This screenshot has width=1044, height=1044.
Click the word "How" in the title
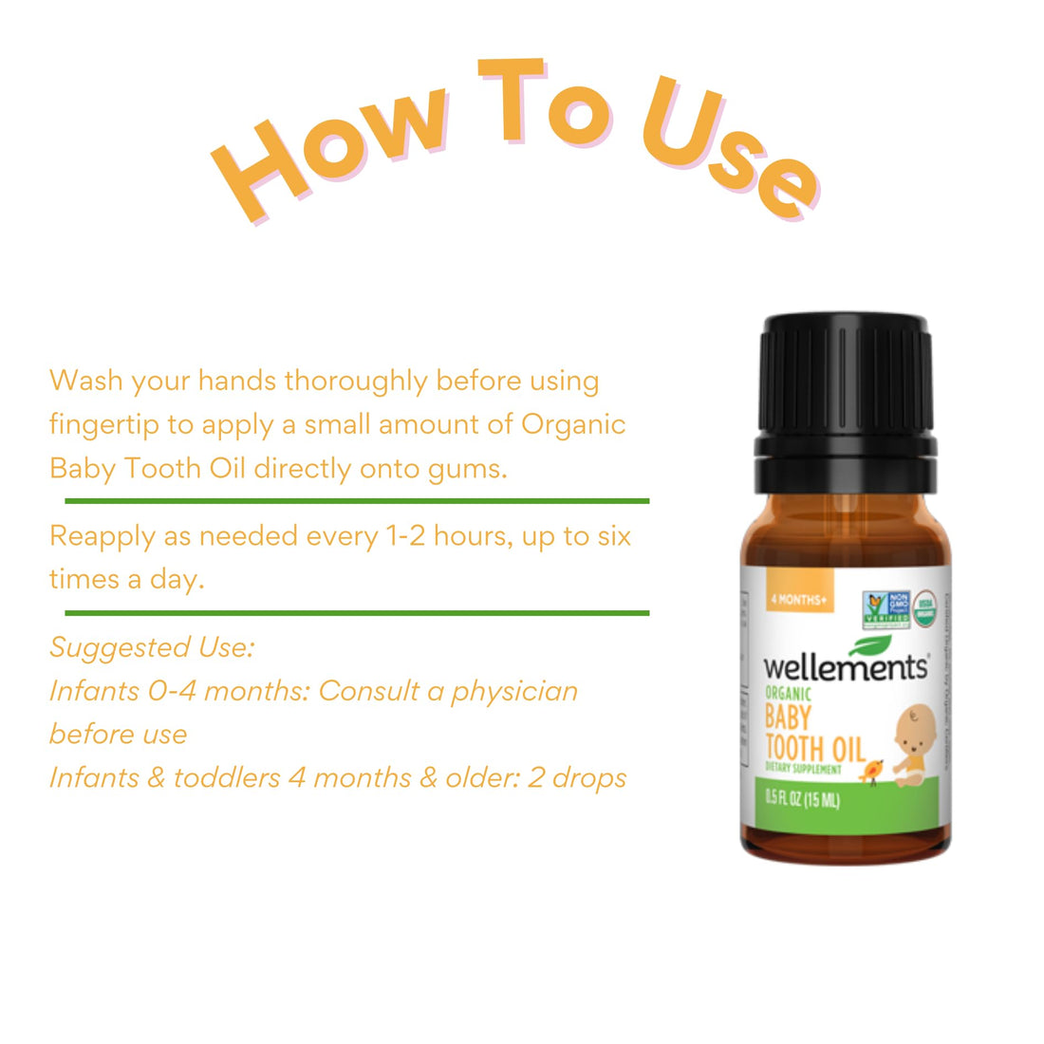pyautogui.click(x=323, y=147)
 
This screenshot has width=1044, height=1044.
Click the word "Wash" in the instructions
pyautogui.click(x=86, y=381)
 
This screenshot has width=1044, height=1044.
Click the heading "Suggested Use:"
pyautogui.click(x=152, y=647)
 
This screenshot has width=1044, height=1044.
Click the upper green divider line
pyautogui.click(x=357, y=500)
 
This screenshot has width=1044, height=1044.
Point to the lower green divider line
pyautogui.click(x=357, y=613)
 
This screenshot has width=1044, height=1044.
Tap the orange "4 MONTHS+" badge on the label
pyautogui.click(x=799, y=600)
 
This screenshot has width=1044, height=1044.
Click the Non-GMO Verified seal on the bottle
pyautogui.click(x=886, y=609)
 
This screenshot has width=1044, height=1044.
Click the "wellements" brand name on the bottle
pyautogui.click(x=845, y=667)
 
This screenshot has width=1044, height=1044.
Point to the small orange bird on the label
pyautogui.click(x=871, y=771)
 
